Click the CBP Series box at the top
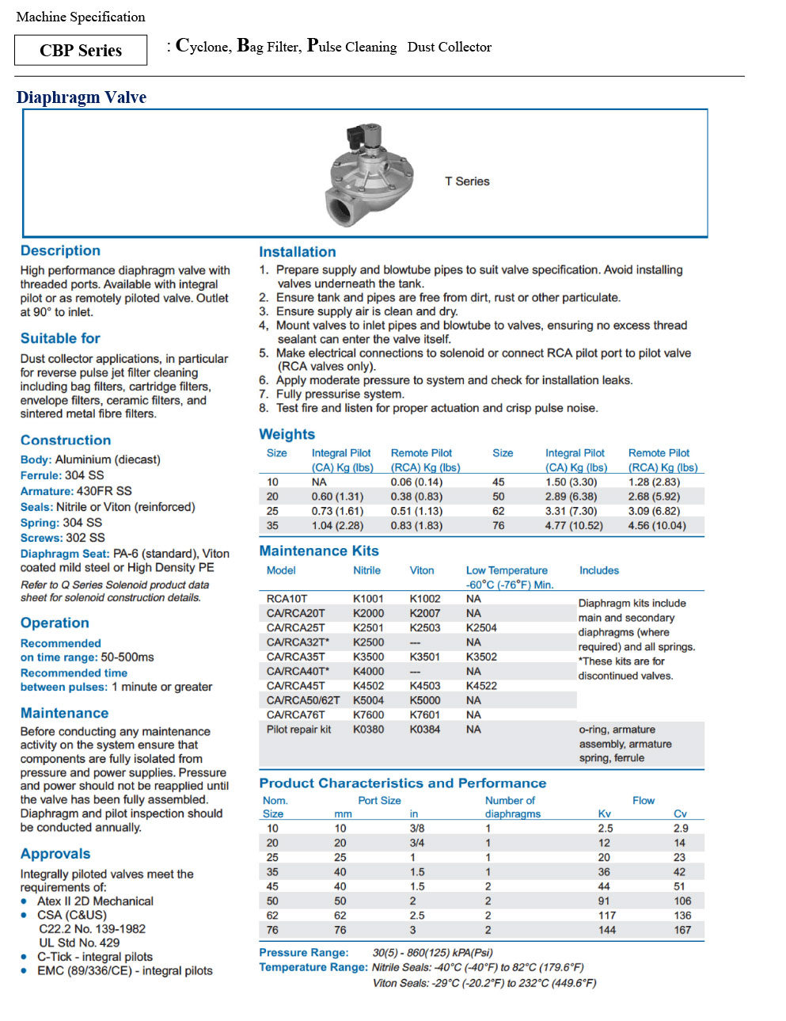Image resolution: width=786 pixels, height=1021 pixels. [81, 50]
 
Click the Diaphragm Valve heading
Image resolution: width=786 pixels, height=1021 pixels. [82, 97]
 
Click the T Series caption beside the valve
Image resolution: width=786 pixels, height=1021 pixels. [467, 181]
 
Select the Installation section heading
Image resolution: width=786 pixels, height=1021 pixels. [298, 252]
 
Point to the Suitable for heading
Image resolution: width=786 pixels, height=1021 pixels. [60, 338]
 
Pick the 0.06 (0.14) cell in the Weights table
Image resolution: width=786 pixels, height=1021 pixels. [416, 482]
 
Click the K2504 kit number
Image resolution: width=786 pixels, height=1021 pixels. [481, 627]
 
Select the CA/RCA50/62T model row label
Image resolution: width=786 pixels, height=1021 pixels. [303, 700]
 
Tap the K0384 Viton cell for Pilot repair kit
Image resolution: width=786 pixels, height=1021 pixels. [425, 729]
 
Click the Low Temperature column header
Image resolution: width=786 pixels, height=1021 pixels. [507, 570]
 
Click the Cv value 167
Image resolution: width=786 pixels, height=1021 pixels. [682, 930]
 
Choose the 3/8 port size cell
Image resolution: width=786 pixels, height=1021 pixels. [417, 828]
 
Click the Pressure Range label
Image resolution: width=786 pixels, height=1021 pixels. [303, 952]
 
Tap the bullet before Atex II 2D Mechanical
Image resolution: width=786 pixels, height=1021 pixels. [25, 901]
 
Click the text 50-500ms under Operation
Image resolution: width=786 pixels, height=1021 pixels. [127, 657]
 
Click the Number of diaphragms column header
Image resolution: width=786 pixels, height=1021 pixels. [513, 807]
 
